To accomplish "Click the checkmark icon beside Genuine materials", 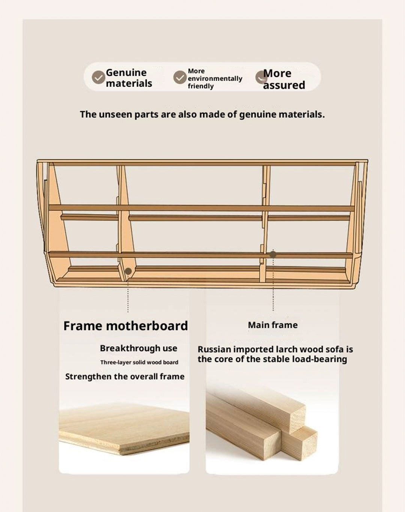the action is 99,77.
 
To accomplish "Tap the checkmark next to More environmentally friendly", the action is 180,77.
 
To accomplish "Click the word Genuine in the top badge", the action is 126,72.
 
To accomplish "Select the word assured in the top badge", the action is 284,85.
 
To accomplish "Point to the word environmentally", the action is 215,78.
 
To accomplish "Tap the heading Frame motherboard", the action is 126,326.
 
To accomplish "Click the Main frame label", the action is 273,325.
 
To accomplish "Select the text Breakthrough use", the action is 138,348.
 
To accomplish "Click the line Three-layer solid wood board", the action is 139,362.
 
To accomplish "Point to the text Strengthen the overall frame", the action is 125,377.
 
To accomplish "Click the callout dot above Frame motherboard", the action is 128,271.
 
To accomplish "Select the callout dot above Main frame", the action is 273,254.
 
